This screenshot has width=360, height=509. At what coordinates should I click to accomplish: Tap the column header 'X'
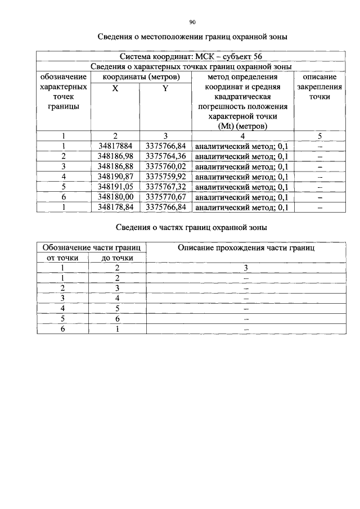[x=115, y=88]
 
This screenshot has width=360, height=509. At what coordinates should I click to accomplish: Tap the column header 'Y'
[x=165, y=88]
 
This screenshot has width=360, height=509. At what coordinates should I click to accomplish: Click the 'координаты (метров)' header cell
[x=140, y=76]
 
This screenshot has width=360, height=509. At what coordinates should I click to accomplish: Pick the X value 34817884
[x=115, y=146]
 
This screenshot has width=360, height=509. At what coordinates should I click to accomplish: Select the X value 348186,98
[x=115, y=156]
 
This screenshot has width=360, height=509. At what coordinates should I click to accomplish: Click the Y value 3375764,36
[x=165, y=156]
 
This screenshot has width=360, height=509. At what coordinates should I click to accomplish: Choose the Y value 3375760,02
[x=165, y=166]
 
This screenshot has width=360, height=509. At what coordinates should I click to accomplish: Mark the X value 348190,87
[x=115, y=177]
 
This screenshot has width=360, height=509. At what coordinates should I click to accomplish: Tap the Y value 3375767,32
[x=165, y=187]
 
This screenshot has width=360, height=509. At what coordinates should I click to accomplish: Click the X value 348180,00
[x=115, y=197]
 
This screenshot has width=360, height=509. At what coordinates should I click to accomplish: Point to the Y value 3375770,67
[x=165, y=197]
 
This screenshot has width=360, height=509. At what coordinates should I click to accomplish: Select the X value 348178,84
[x=115, y=207]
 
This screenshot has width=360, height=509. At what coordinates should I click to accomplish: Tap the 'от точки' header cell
[x=62, y=258]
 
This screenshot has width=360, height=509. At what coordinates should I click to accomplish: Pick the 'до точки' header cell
[x=118, y=258]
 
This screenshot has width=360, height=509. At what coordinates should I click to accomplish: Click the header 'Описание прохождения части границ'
[x=246, y=247]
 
